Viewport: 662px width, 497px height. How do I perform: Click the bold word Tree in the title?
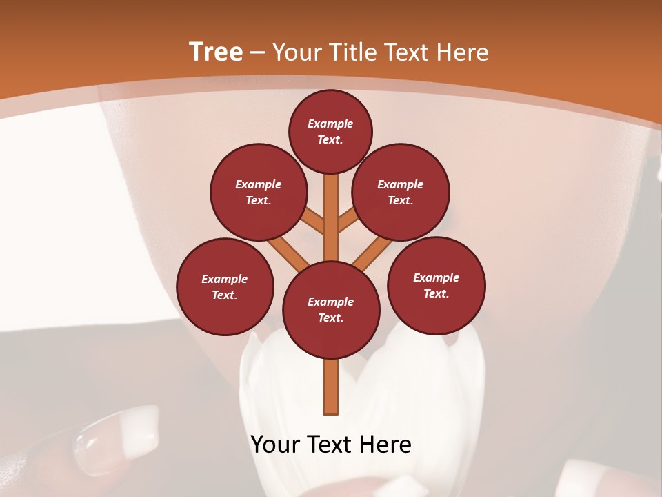(x=216, y=52)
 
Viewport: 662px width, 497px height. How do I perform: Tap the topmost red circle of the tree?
(x=330, y=131)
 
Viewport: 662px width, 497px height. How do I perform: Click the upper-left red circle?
(x=258, y=192)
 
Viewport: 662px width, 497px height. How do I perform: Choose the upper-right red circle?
(x=401, y=192)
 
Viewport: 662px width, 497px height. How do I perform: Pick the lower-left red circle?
(x=225, y=286)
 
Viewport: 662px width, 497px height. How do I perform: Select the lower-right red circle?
(x=436, y=285)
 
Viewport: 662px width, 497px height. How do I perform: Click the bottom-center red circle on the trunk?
(x=331, y=310)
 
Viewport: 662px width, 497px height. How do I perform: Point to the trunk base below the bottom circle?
(x=331, y=387)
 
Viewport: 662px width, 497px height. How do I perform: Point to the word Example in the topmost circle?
(x=330, y=124)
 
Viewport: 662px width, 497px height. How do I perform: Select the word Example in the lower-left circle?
(x=225, y=279)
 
